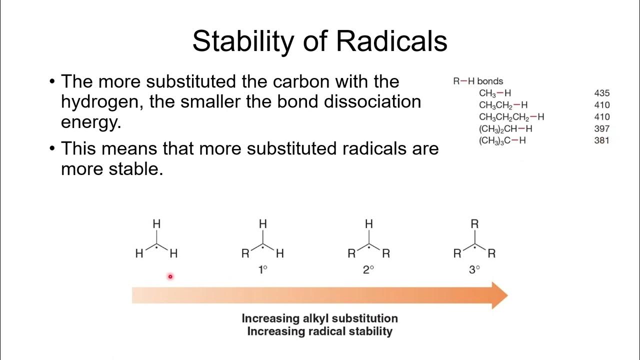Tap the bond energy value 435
click(602, 93)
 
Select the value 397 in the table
click(602, 128)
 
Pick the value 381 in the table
click(602, 140)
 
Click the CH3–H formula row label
click(494, 93)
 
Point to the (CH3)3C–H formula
click(502, 140)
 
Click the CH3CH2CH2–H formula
click(511, 117)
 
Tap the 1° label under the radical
click(262, 270)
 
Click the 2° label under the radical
click(368, 270)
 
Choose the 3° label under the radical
click(474, 270)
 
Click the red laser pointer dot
click(170, 276)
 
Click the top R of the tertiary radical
click(474, 224)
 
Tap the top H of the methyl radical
click(156, 224)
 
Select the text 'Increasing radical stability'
click(319, 331)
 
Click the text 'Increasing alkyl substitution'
click(319, 318)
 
